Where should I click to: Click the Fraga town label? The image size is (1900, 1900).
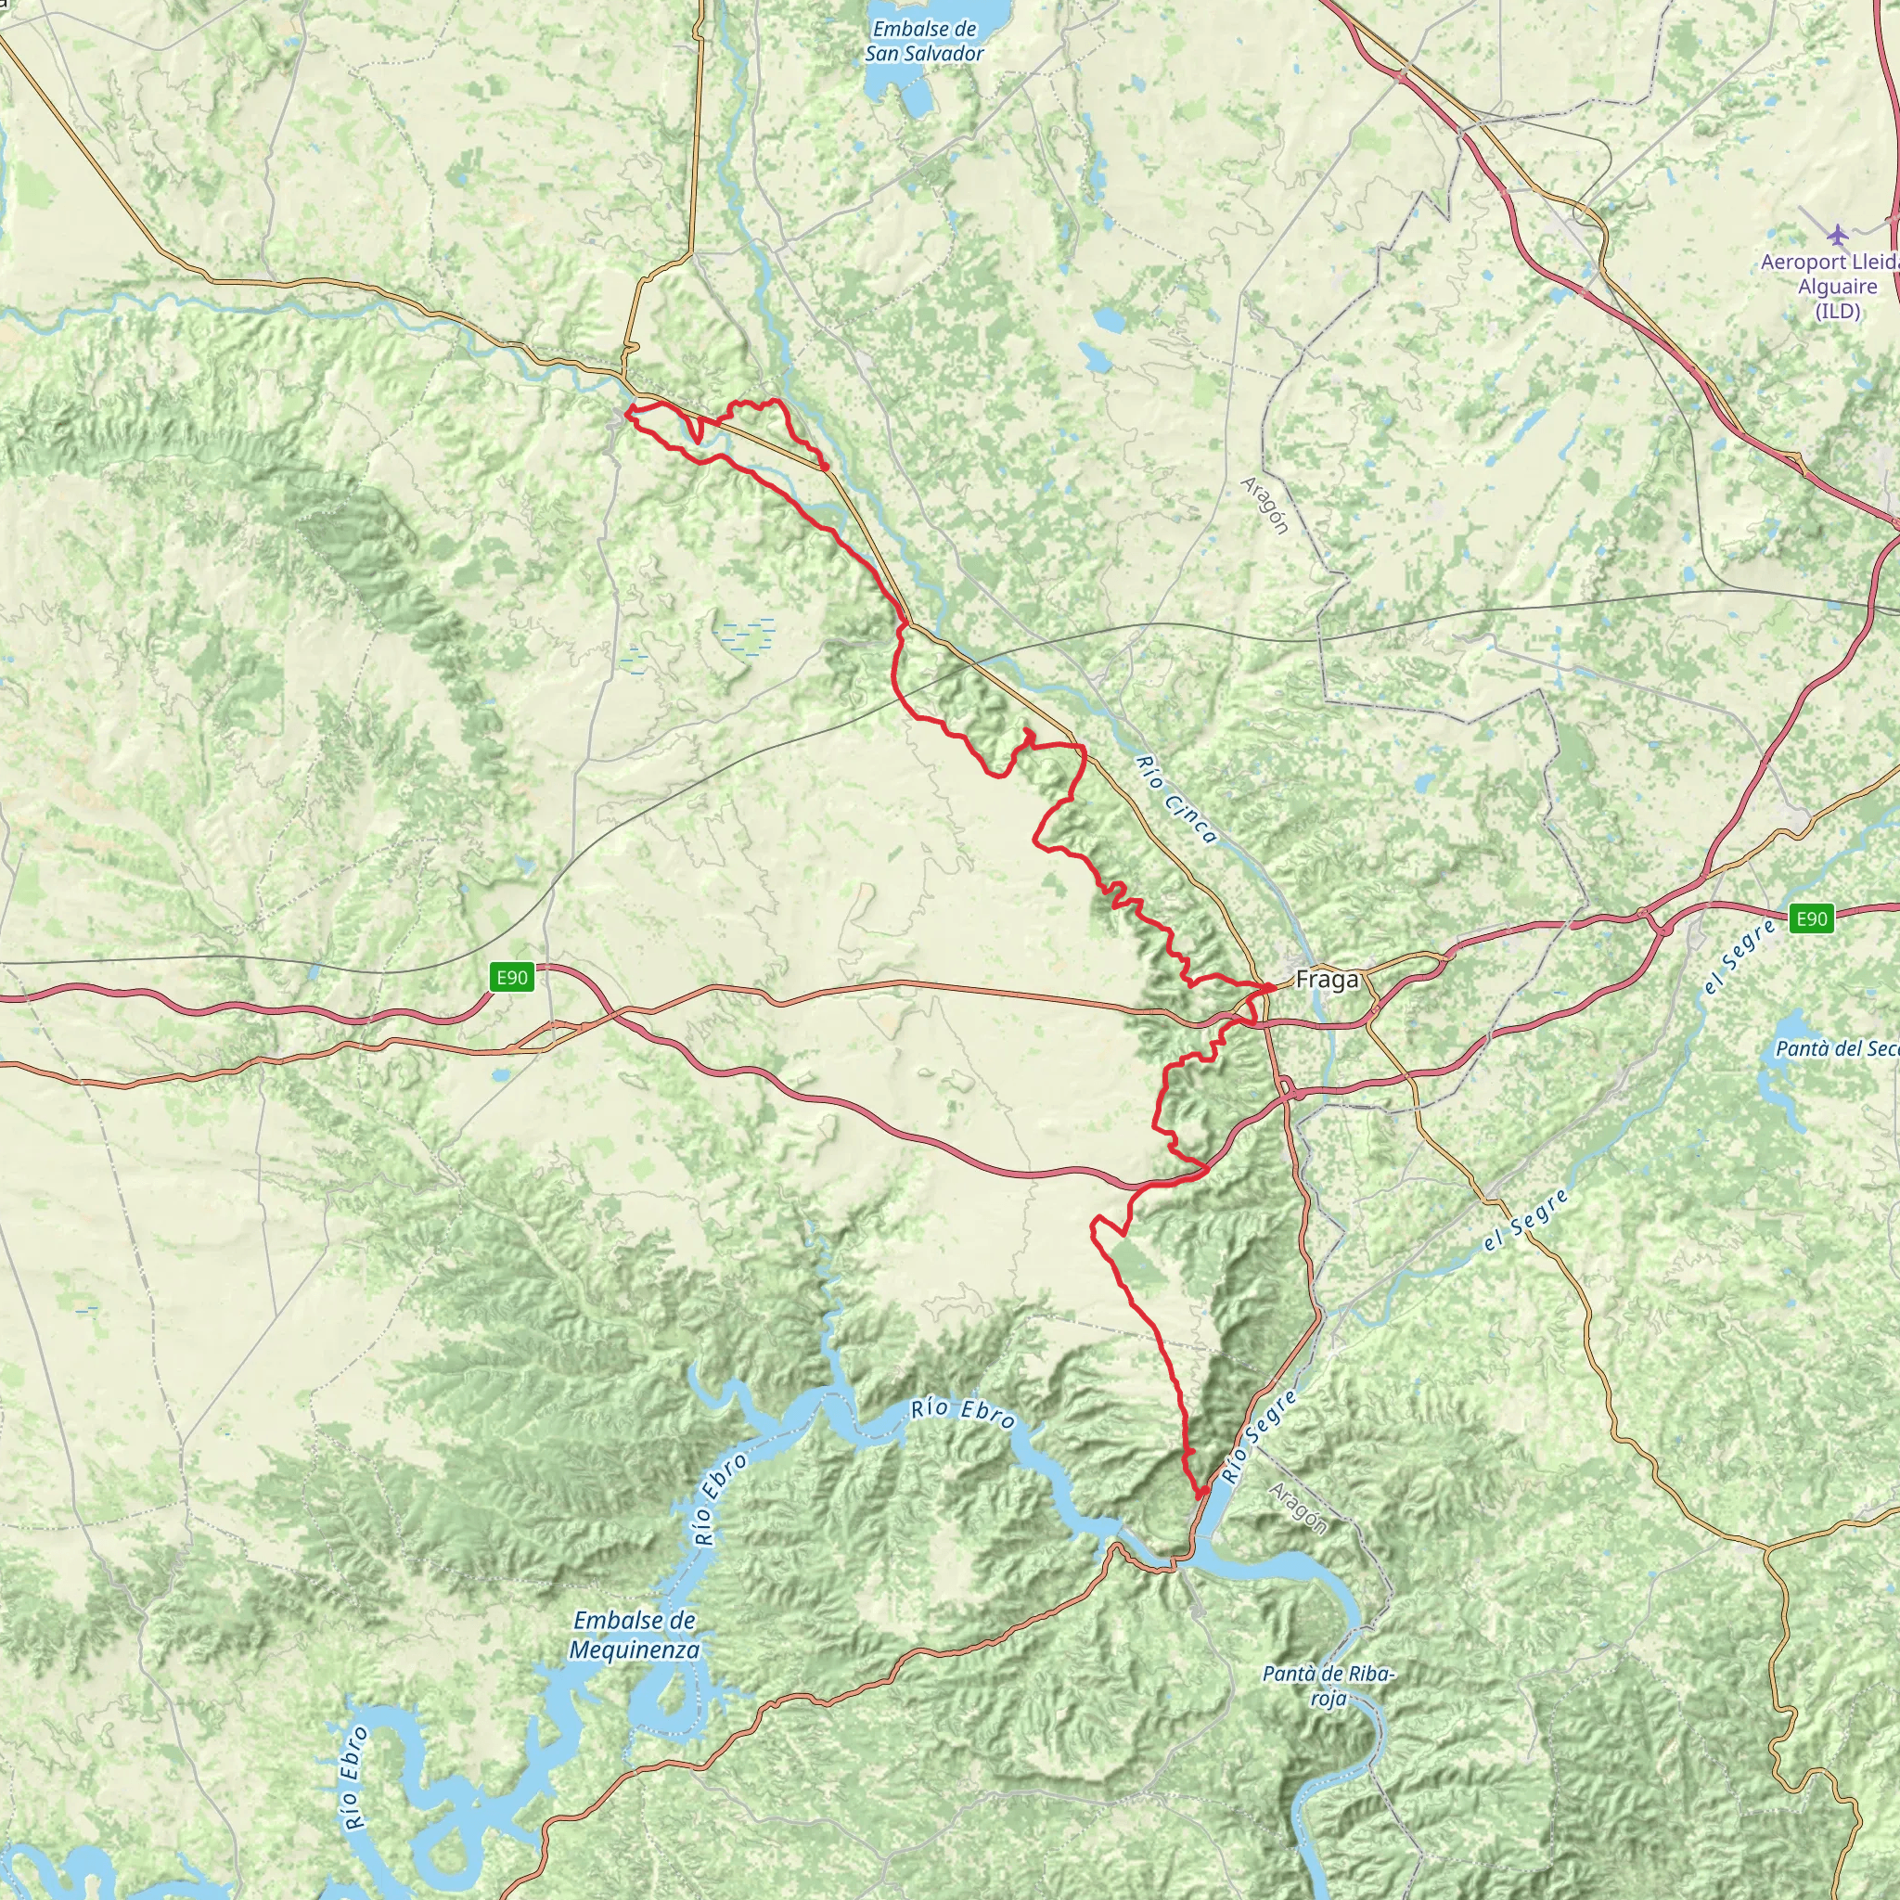point(1327,980)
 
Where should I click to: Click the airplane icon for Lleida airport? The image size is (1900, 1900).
point(1837,235)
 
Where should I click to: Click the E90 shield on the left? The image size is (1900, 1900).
point(511,978)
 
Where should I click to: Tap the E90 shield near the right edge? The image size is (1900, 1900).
point(1811,918)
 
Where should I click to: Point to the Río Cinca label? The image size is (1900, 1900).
point(1176,800)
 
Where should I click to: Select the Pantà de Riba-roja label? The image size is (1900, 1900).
point(1328,1686)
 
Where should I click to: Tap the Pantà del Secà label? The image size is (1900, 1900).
point(1835,1048)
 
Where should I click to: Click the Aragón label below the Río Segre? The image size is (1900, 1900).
point(1297,1509)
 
